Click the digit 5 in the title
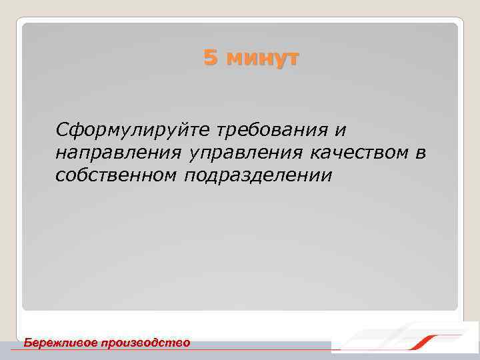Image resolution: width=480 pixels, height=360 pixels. click(211, 59)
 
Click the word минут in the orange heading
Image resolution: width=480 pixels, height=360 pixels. click(262, 59)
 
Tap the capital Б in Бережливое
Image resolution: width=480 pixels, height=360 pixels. click(28, 342)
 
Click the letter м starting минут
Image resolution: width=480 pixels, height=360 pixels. click(233, 59)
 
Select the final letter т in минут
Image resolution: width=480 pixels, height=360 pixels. click(293, 59)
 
